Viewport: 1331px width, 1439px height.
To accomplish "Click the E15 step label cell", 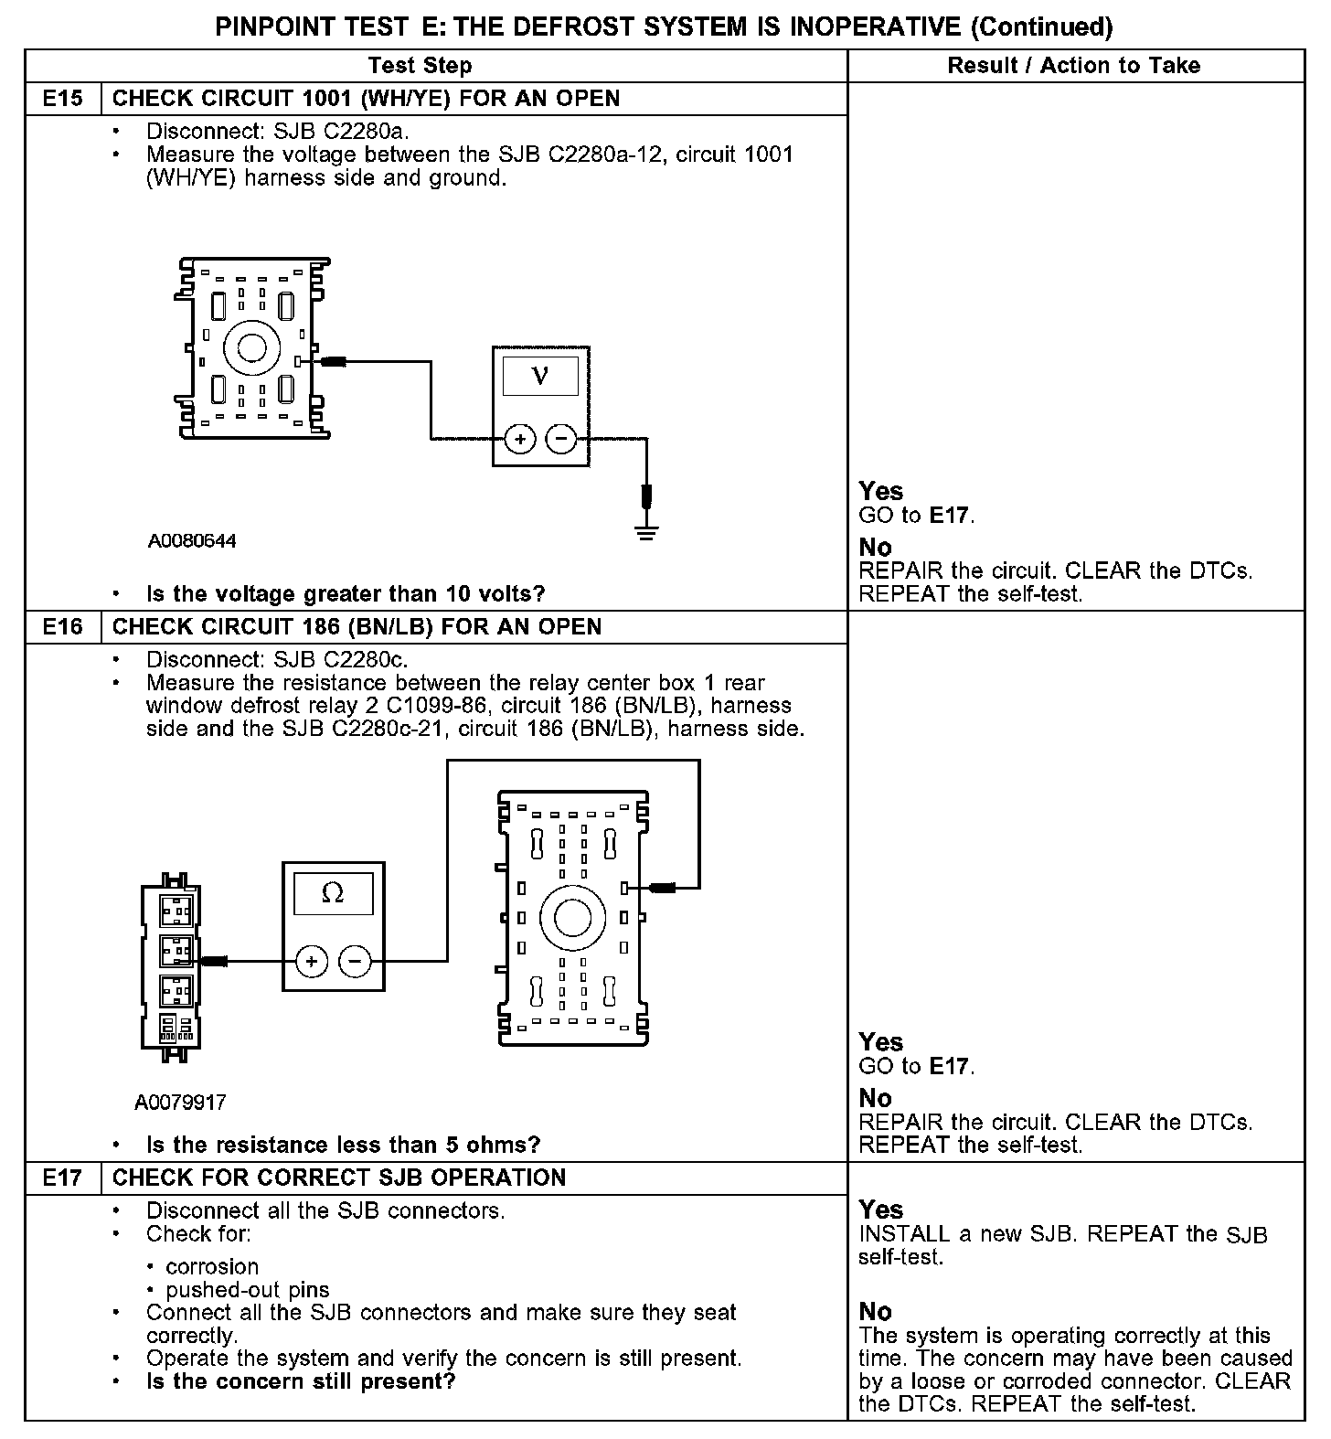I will pyautogui.click(x=62, y=99).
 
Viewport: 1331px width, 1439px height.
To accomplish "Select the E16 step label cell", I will pyautogui.click(x=62, y=627).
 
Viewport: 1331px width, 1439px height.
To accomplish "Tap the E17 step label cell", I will pyautogui.click(x=62, y=1178).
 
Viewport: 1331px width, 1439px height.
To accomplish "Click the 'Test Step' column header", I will pyautogui.click(x=421, y=66).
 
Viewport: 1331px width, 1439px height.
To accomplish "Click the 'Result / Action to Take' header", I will pyautogui.click(x=1074, y=66).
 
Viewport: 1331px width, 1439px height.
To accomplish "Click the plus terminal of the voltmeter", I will pyautogui.click(x=520, y=440).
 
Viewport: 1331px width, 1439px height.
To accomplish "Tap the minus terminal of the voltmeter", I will pyautogui.click(x=560, y=440).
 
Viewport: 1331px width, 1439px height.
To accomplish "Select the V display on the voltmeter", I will pyautogui.click(x=540, y=376).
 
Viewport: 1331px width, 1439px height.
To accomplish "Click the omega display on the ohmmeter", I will pyautogui.click(x=333, y=893).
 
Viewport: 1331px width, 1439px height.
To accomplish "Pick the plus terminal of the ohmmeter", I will pyautogui.click(x=312, y=961).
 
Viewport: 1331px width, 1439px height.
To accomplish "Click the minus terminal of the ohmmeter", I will pyautogui.click(x=354, y=961).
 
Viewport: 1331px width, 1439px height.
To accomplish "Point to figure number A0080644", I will pyautogui.click(x=192, y=541).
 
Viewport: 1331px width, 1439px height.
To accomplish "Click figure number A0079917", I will pyautogui.click(x=180, y=1103).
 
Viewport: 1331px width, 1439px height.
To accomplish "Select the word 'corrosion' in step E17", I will pyautogui.click(x=212, y=1267).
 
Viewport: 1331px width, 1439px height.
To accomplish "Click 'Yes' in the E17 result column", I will pyautogui.click(x=881, y=1210).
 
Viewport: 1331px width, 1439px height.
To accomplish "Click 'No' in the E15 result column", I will pyautogui.click(x=875, y=548).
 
